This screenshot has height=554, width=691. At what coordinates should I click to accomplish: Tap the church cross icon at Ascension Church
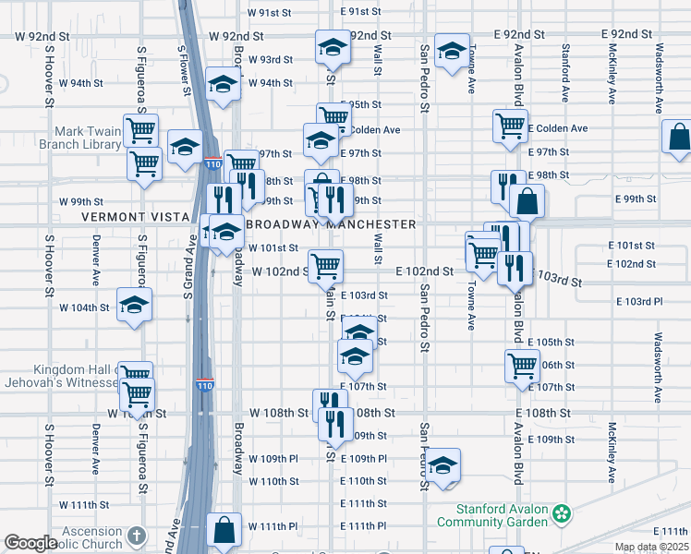point(136,536)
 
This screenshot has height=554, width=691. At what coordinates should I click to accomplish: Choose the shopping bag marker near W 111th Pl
point(224,529)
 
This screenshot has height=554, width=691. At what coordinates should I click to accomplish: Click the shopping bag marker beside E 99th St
point(527,200)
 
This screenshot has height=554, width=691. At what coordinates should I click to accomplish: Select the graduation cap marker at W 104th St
point(135,305)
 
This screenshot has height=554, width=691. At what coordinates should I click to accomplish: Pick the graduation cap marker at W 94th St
point(222,85)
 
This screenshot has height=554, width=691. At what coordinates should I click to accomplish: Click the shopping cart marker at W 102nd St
point(325,266)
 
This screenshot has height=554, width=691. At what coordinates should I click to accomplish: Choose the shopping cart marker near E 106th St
point(523,365)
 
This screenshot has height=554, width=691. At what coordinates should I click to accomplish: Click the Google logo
point(30,544)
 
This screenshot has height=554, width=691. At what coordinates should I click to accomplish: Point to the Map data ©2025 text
point(649,548)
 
